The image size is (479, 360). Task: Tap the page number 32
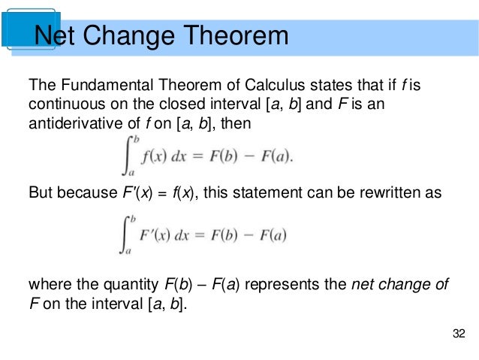pos(459,333)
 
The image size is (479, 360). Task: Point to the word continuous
pos(62,104)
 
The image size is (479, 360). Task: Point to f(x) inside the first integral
pos(146,157)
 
